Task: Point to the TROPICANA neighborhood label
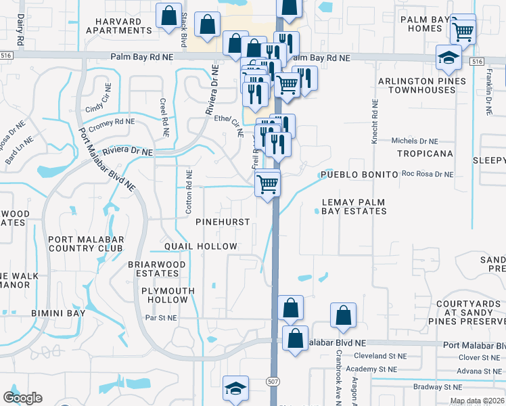tap(424, 154)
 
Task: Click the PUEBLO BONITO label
tap(358, 175)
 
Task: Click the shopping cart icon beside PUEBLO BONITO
tap(268, 183)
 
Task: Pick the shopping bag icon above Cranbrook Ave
tap(344, 315)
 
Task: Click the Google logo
tap(23, 397)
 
